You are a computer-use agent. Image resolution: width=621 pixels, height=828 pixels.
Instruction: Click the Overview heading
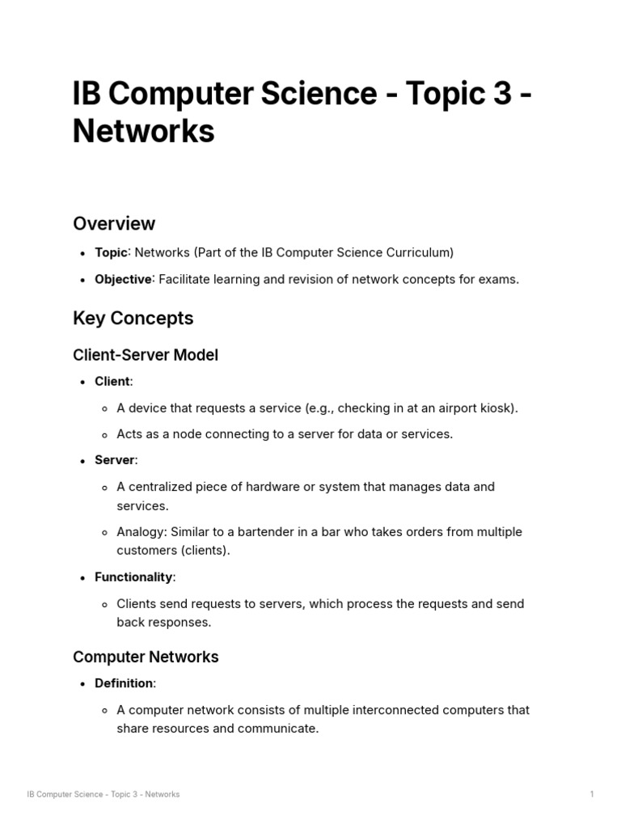(114, 223)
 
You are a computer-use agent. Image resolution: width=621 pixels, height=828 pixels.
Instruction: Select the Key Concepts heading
(133, 318)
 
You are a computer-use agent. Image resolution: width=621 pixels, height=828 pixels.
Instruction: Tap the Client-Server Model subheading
(146, 355)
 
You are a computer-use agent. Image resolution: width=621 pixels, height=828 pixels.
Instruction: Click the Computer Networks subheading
(146, 657)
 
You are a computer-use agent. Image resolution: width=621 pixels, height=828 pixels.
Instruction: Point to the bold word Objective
(123, 279)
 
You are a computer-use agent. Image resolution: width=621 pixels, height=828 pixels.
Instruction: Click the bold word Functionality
(133, 577)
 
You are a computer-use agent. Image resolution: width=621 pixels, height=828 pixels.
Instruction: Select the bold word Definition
(124, 683)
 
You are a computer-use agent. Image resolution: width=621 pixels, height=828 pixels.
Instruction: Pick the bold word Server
(114, 460)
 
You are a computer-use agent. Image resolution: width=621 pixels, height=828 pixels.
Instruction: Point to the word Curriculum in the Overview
(420, 252)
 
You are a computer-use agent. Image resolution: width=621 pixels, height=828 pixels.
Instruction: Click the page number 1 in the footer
(592, 794)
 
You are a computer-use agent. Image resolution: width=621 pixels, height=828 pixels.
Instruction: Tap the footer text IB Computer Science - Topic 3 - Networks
(103, 794)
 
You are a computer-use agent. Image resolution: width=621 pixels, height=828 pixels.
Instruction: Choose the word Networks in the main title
(143, 131)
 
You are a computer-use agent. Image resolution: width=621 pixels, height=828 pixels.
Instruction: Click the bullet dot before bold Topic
(83, 253)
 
